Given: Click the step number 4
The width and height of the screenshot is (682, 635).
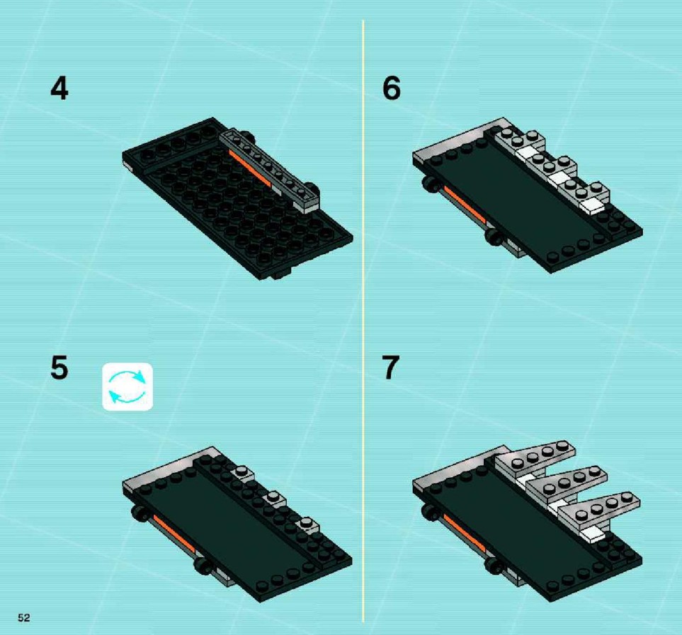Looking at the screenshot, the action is click(x=59, y=88).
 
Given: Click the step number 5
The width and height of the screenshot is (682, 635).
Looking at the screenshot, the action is click(x=59, y=367).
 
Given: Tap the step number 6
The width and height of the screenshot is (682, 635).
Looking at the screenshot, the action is click(x=392, y=88).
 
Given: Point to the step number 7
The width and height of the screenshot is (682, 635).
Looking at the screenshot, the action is click(x=391, y=367).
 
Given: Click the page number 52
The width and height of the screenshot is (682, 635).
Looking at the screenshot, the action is click(x=24, y=617).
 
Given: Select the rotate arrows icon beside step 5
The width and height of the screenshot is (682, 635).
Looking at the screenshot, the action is click(x=127, y=387).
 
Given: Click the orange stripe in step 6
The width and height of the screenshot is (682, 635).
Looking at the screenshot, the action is click(x=464, y=205).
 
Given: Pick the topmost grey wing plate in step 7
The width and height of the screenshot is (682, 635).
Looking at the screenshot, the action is click(x=536, y=459).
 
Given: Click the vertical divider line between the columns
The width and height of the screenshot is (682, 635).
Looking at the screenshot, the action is click(x=363, y=321).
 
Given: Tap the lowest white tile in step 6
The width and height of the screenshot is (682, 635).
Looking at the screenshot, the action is click(x=592, y=205).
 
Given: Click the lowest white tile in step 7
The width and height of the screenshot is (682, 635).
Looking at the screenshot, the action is click(x=592, y=534).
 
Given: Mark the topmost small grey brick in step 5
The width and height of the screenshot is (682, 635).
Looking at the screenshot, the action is click(x=244, y=473).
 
